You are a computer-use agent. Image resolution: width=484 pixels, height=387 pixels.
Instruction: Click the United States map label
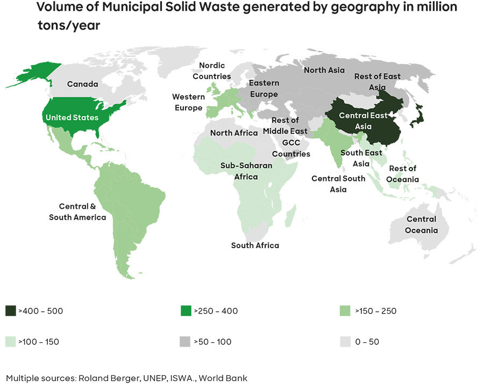pyautogui.click(x=72, y=117)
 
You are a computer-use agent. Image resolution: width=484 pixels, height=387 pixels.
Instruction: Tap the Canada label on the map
pyautogui.click(x=82, y=84)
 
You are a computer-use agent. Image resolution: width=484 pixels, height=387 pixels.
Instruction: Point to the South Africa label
pyautogui.click(x=255, y=245)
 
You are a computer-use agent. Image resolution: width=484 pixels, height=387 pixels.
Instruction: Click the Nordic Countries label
pyautogui.click(x=211, y=71)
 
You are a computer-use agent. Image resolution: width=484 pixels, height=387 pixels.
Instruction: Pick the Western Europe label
pyautogui.click(x=188, y=102)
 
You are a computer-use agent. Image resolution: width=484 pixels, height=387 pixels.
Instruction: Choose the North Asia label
pyautogui.click(x=324, y=70)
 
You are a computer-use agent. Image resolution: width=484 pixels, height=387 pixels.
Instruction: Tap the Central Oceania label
pyautogui.click(x=422, y=225)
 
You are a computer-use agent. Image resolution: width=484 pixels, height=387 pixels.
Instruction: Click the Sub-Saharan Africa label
pyautogui.click(x=246, y=171)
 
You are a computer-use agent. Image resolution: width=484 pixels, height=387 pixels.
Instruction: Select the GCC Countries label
pyautogui.click(x=291, y=148)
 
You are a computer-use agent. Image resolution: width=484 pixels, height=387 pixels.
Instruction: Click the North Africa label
pyautogui.click(x=234, y=133)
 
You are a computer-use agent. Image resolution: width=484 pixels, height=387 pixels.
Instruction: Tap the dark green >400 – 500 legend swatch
pyautogui.click(x=11, y=311)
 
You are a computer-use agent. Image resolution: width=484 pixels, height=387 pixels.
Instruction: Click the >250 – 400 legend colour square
pyautogui.click(x=186, y=311)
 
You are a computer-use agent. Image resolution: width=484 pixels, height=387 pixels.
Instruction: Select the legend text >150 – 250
pyautogui.click(x=376, y=311)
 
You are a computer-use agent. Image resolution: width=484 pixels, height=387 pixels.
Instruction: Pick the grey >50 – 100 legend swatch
pyautogui.click(x=186, y=341)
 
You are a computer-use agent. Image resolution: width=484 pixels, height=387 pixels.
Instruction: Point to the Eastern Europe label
pyautogui.click(x=264, y=89)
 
